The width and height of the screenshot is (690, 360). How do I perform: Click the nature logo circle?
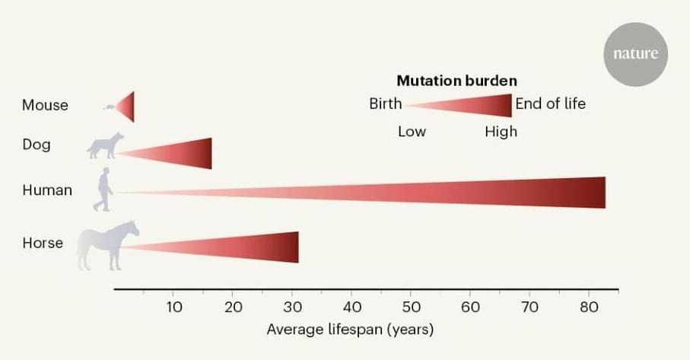click(636, 54)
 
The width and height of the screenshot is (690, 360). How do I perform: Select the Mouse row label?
click(45, 105)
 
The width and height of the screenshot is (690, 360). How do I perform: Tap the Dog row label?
click(37, 144)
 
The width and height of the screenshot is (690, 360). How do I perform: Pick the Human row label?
click(47, 190)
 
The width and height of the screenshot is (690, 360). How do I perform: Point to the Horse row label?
click(43, 244)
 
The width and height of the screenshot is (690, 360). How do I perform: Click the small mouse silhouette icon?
click(110, 107)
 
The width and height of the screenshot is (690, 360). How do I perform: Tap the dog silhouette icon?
click(105, 146)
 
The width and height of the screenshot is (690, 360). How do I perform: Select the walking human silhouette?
click(103, 190)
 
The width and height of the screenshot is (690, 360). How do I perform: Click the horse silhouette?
click(108, 244)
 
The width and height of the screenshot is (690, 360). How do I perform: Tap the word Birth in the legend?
click(385, 104)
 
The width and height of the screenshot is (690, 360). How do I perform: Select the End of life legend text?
click(550, 104)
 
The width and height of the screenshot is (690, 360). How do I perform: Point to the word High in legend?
click(501, 132)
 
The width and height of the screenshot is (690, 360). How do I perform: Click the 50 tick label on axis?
click(411, 307)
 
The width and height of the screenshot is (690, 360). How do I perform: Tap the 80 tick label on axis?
click(588, 307)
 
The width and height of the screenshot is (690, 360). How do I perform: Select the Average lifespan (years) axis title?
click(350, 330)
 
